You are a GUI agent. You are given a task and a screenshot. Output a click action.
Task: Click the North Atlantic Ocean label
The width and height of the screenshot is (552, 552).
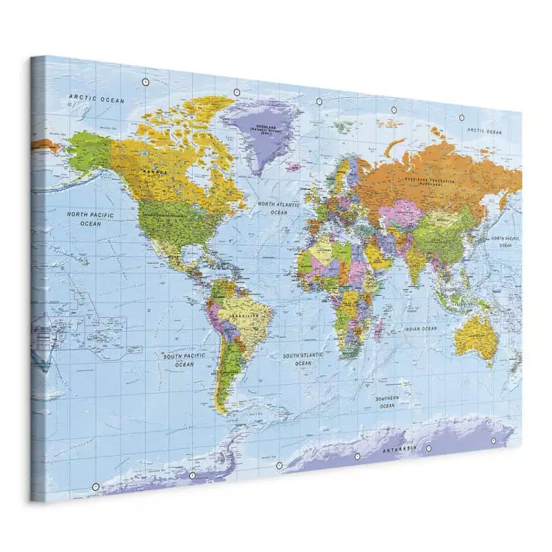278,207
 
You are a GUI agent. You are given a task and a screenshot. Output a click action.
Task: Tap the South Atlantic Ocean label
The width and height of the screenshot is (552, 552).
302,358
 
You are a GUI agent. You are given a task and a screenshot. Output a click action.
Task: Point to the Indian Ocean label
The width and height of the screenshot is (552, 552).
420,329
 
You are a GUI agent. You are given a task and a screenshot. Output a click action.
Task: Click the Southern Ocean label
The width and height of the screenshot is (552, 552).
387,402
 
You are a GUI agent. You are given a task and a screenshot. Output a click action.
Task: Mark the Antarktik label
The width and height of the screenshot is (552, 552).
398,447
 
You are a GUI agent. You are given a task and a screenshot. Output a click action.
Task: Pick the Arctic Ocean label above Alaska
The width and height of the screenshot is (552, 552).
96,99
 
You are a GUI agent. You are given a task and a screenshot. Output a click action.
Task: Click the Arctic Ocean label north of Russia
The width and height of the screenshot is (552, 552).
484,131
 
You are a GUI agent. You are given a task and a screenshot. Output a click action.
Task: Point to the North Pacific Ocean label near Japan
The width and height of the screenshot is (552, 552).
506,242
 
